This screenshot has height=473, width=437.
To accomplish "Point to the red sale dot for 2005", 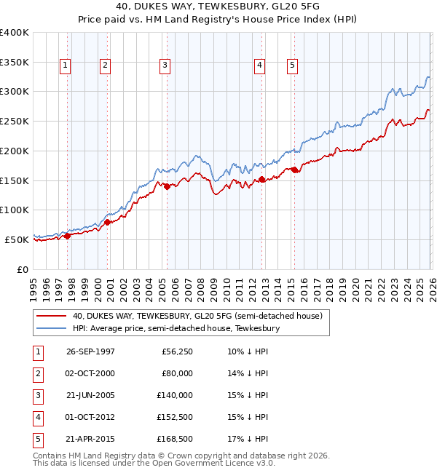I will [x=167, y=186].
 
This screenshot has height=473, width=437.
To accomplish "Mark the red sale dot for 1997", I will [x=68, y=236].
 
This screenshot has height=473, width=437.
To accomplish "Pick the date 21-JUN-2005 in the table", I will [x=90, y=395].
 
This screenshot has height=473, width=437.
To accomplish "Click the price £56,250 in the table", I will [x=175, y=351].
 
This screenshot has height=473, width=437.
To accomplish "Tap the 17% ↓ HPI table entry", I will [x=248, y=439].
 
